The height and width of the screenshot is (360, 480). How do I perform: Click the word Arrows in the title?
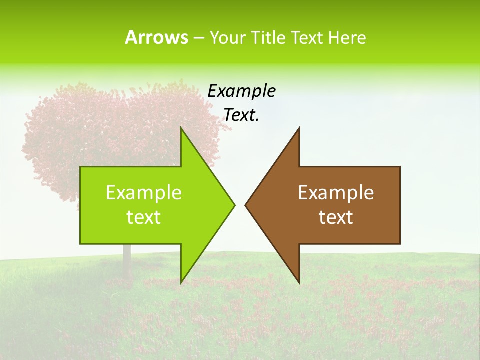click(x=156, y=37)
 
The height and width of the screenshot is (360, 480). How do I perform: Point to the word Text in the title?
click(x=307, y=37)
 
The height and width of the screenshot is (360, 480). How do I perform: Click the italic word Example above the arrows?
click(x=241, y=91)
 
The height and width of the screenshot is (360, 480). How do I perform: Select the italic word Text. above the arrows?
click(x=241, y=115)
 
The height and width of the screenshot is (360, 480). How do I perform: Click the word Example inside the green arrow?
click(x=144, y=192)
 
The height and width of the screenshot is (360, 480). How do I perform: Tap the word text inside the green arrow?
click(x=144, y=217)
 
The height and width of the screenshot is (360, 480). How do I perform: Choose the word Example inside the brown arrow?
click(x=336, y=192)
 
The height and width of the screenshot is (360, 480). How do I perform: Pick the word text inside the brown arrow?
click(x=336, y=217)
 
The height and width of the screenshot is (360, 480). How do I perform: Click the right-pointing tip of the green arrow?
click(x=234, y=205)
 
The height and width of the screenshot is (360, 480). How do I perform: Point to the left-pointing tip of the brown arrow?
click(x=245, y=205)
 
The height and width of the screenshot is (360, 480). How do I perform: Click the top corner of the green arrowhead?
click(x=181, y=128)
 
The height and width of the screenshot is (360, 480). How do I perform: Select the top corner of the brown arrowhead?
click(x=299, y=128)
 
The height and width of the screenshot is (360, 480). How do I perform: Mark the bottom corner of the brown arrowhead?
click(x=299, y=283)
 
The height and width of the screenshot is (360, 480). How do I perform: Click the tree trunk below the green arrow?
click(x=127, y=262)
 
